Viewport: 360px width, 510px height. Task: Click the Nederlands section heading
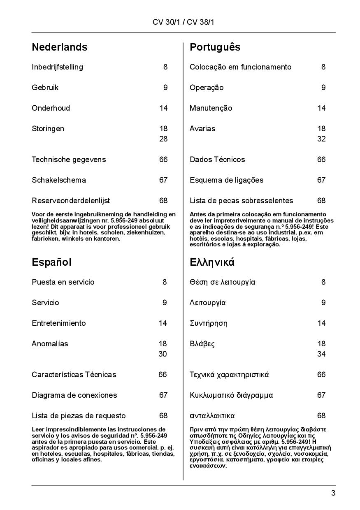tap(60, 47)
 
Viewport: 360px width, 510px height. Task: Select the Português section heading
tap(215, 47)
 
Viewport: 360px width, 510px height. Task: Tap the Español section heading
tap(51, 262)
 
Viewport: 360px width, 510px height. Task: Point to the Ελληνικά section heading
tap(212, 262)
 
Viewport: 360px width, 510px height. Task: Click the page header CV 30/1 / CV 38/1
tap(183, 22)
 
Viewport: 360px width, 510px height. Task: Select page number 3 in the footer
tap(333, 493)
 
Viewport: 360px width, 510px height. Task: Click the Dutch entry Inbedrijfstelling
tap(57, 67)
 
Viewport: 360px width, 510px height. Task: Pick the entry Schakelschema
tap(59, 180)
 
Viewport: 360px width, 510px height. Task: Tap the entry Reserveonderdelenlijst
tap(71, 201)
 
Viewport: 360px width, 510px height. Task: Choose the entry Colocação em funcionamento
tap(240, 67)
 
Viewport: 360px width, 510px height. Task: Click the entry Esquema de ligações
tap(226, 180)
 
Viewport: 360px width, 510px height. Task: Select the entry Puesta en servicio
tap(63, 282)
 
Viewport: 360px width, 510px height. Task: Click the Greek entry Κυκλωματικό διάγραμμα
tap(231, 395)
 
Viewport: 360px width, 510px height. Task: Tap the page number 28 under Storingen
tap(163, 139)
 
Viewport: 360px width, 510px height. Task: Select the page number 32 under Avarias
tap(321, 139)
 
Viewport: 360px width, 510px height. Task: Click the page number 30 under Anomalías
tap(163, 354)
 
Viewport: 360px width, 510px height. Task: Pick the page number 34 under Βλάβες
tap(321, 354)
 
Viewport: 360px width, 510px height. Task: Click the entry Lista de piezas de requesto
tap(79, 416)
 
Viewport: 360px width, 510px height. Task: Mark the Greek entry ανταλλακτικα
tap(212, 416)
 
